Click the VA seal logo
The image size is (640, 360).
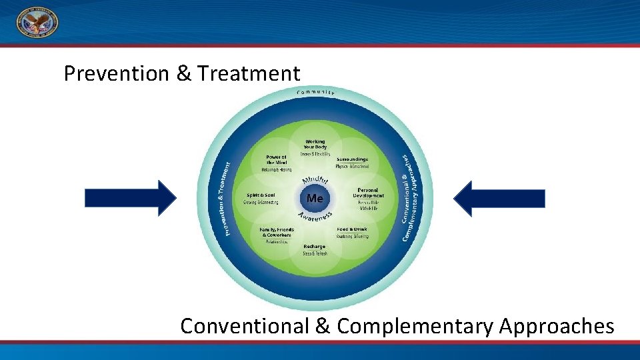pyautogui.click(x=37, y=23)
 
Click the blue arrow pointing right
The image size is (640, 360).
pyautogui.click(x=130, y=199)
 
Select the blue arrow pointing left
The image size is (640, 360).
pyautogui.click(x=499, y=199)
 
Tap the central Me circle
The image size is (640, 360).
pyautogui.click(x=315, y=199)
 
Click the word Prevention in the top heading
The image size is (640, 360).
pyautogui.click(x=117, y=73)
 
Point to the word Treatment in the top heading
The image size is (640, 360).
pyautogui.click(x=249, y=73)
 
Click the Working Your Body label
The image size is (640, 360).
pyautogui.click(x=315, y=144)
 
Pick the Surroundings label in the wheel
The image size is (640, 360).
pyautogui.click(x=353, y=159)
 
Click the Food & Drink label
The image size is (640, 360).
pyautogui.click(x=353, y=229)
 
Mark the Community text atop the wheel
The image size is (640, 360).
pyautogui.click(x=315, y=91)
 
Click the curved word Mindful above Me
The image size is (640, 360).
pyautogui.click(x=315, y=179)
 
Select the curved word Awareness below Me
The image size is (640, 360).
pyautogui.click(x=315, y=216)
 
